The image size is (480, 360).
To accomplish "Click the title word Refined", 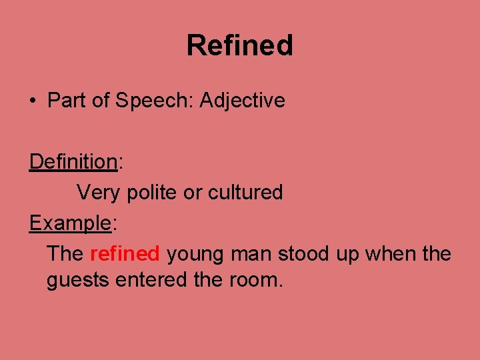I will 239,45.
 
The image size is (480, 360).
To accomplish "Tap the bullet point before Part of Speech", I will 33,101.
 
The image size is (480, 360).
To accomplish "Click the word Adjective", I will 242,101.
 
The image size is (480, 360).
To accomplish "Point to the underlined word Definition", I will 73,161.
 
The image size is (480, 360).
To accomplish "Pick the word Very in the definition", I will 99,193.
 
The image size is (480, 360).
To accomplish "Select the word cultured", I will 245,193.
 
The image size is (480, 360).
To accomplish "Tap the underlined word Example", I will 69,223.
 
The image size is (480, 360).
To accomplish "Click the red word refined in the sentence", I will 125,254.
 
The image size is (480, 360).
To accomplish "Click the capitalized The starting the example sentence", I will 65,254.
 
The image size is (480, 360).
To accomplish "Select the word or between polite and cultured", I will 193,193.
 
